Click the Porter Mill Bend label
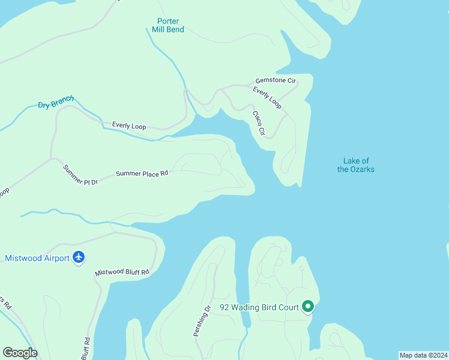(167, 25)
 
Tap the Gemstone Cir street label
(276, 80)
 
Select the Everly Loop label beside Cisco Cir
(267, 97)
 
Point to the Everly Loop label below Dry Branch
(129, 126)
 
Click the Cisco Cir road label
(258, 123)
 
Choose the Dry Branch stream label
(56, 103)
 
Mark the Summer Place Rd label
(142, 173)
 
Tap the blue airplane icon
(79, 257)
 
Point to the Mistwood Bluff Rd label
(121, 272)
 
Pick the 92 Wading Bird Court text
(259, 307)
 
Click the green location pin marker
(308, 307)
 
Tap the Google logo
(20, 353)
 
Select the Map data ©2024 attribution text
(423, 355)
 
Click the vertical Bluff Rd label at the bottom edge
(87, 347)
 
